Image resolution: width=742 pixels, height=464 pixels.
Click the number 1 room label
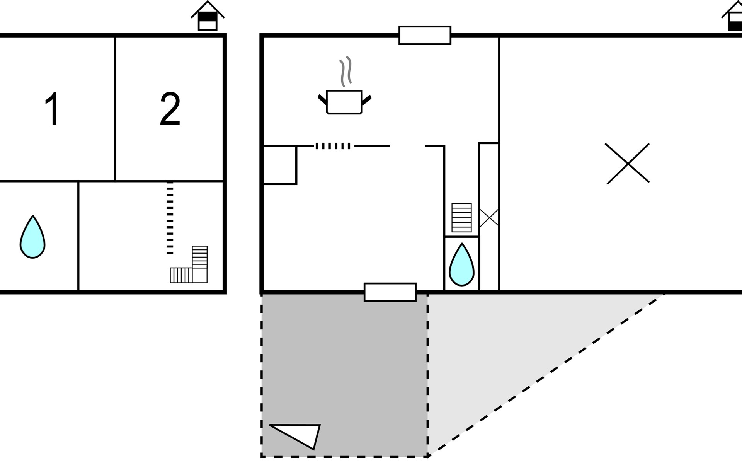coord(52,109)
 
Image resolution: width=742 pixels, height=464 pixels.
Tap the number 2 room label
coord(170,109)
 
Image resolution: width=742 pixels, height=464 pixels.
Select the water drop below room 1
coord(32,237)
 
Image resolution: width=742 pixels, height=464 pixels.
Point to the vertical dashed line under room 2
coord(170,218)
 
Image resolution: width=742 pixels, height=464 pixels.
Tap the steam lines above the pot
coord(345,72)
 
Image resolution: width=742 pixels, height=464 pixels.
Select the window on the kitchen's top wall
coord(425,35)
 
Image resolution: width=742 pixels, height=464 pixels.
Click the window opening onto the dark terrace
coord(390,292)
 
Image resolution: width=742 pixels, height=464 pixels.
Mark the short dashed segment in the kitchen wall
coord(333,146)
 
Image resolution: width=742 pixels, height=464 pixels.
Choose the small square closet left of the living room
coord(280,165)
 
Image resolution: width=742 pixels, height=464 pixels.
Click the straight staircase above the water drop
coord(461,218)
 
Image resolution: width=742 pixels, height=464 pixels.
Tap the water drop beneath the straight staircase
coord(461,264)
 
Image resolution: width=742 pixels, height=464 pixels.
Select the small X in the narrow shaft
coord(489,217)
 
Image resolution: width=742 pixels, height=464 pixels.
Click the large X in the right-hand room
coord(628,164)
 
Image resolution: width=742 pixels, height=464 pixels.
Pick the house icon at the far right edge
coord(732,15)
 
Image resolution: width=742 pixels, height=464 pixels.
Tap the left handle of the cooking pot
coord(322,99)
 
